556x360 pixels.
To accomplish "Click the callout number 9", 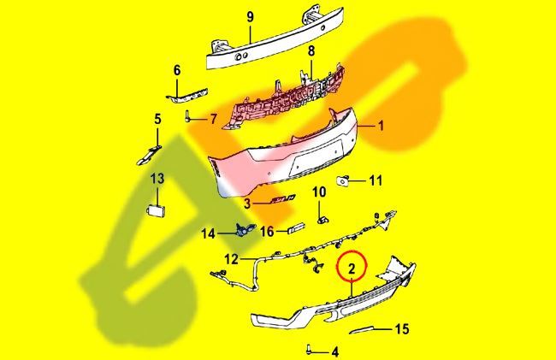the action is pos(251,17).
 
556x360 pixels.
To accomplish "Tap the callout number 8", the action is pos(311,50).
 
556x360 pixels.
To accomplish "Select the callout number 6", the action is pos(176,70).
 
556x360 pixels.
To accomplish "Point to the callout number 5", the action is pos(157,119).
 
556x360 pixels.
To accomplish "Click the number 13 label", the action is pos(157,178).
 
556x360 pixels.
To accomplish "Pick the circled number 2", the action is pos(352,269).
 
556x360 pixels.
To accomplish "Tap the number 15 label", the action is pos(402,329).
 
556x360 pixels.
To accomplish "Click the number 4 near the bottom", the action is pos(334,351).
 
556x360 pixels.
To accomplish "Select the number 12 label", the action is pos(231,259).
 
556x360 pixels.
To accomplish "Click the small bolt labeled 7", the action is pos(186,115).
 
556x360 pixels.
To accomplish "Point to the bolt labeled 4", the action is pos(309,350).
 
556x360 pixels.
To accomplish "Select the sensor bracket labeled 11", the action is pos(342,180).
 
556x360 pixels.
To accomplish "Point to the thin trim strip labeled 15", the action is pos(361,329).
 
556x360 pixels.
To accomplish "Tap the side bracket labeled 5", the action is pos(149,156).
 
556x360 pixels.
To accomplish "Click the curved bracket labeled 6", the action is pos(186,95).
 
